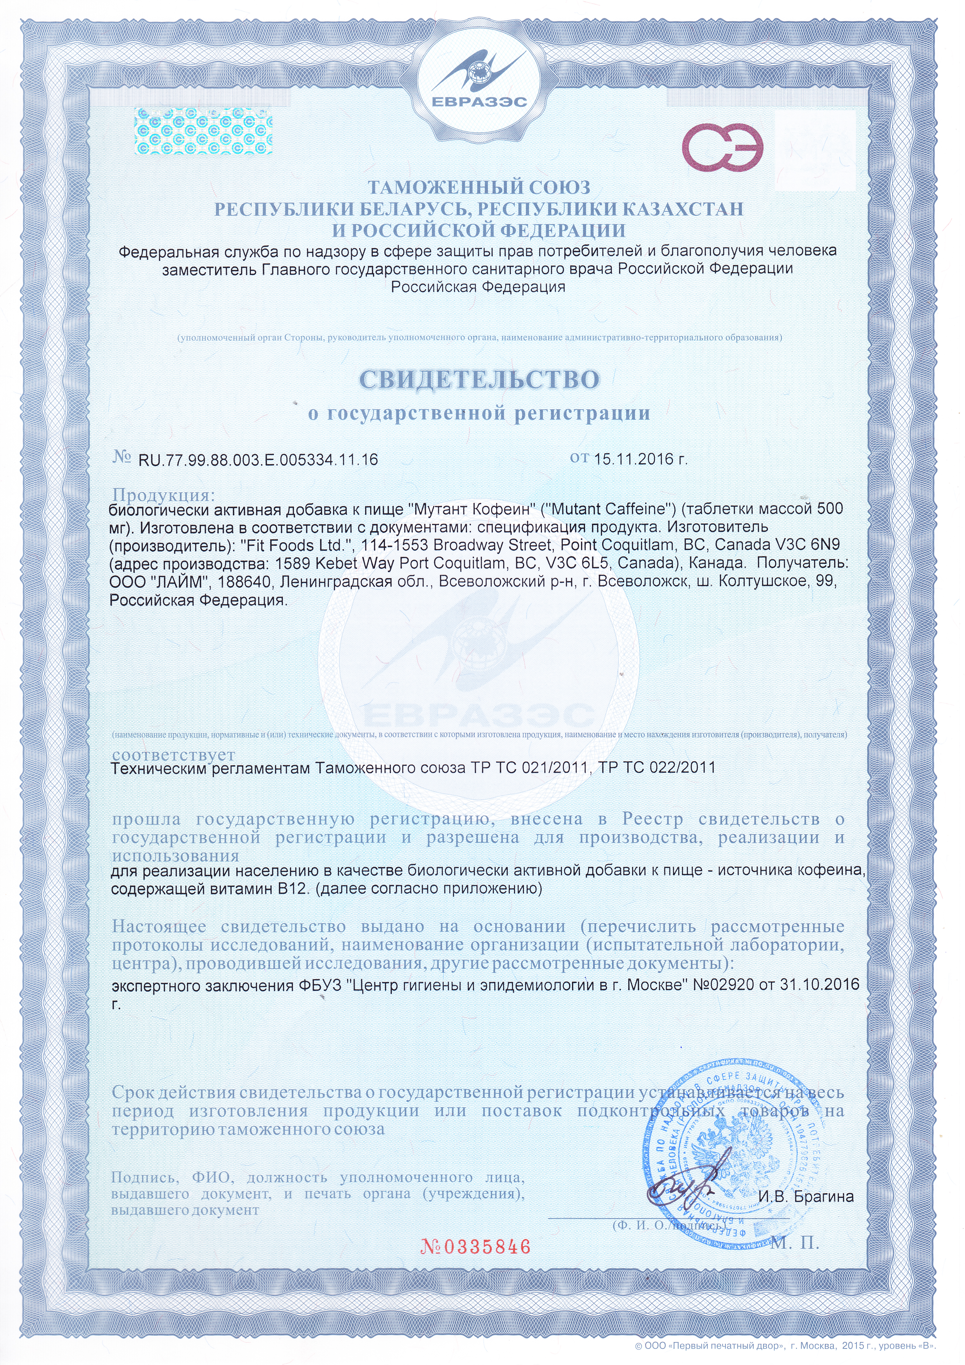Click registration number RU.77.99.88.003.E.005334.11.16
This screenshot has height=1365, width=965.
[x=258, y=460]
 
